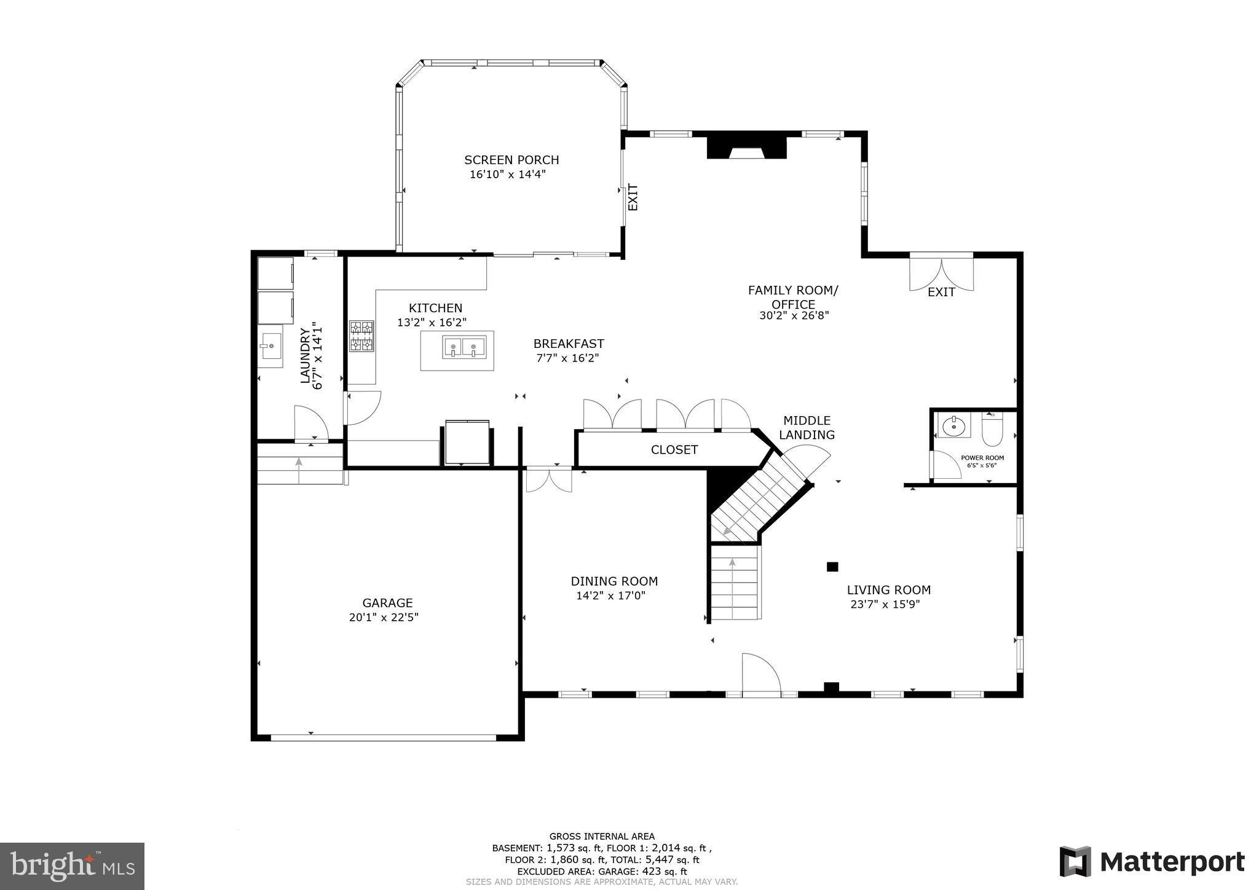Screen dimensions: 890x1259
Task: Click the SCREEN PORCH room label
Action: coord(511,160)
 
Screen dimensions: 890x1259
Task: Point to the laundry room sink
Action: coord(270,347)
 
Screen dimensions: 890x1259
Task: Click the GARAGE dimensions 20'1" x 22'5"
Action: coord(384,617)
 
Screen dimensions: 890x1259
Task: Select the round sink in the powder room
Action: coord(953,425)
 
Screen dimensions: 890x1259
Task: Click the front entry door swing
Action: coord(760,674)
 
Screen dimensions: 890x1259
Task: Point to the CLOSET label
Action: coord(674,450)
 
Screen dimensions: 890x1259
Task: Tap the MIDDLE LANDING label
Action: coord(807,428)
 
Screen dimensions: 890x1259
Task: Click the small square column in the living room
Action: coord(832,567)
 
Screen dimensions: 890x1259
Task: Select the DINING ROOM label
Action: coord(614,581)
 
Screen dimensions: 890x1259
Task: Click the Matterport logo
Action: coord(1152,862)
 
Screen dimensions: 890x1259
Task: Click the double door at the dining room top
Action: coord(549,479)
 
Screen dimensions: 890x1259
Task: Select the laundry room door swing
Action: coord(311,423)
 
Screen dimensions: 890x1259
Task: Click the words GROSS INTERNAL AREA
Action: coord(602,836)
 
